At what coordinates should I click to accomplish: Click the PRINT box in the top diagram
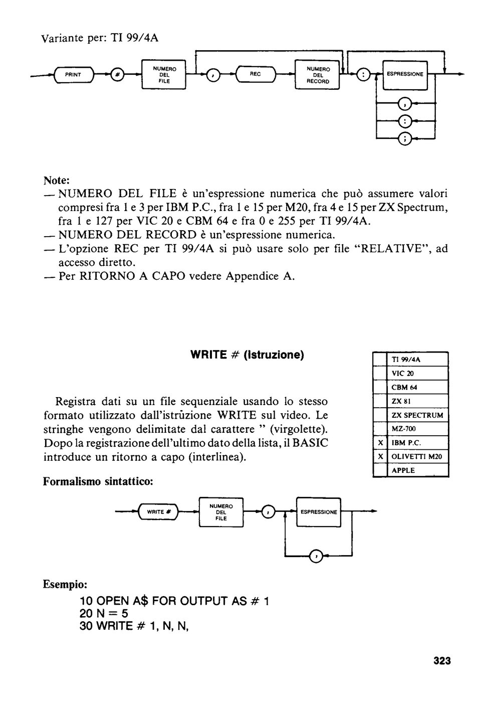(x=74, y=75)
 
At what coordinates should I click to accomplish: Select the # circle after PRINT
(x=118, y=75)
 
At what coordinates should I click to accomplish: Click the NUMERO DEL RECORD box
(x=317, y=75)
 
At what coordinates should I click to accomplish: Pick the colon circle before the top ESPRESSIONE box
(x=364, y=75)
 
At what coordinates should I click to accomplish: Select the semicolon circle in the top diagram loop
(x=404, y=138)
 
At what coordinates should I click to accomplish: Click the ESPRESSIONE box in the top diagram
(x=405, y=75)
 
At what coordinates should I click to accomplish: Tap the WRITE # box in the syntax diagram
(x=159, y=512)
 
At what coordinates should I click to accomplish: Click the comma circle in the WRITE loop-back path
(x=316, y=556)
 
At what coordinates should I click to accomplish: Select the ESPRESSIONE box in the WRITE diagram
(x=319, y=512)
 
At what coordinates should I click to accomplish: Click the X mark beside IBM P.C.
(x=380, y=443)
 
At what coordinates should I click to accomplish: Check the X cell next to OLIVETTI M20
(x=380, y=457)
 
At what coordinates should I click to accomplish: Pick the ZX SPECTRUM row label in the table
(x=417, y=415)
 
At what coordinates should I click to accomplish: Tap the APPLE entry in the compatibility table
(x=403, y=470)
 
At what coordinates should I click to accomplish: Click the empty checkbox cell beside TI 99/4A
(x=380, y=359)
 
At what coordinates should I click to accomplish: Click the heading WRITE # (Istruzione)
(x=247, y=355)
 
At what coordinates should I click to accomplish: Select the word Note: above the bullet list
(x=56, y=181)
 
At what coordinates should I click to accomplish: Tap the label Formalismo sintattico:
(x=98, y=481)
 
